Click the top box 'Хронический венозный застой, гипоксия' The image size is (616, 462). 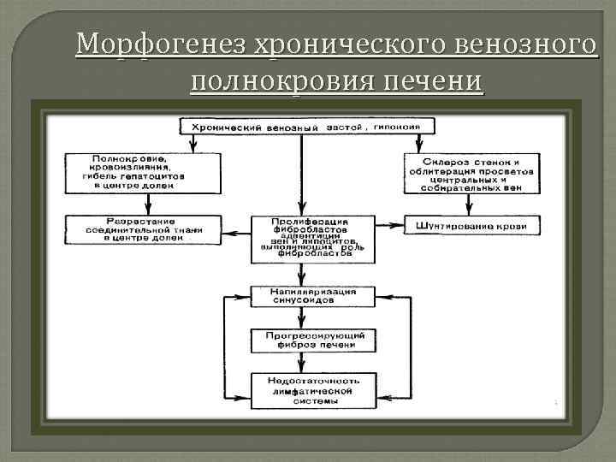[306, 127]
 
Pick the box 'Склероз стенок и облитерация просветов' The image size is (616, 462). [471, 175]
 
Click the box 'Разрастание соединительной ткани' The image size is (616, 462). [141, 227]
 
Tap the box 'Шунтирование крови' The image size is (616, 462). [471, 226]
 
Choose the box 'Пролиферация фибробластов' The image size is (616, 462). [311, 237]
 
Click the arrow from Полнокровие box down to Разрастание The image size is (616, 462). [148, 202]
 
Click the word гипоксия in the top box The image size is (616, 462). [402, 127]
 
